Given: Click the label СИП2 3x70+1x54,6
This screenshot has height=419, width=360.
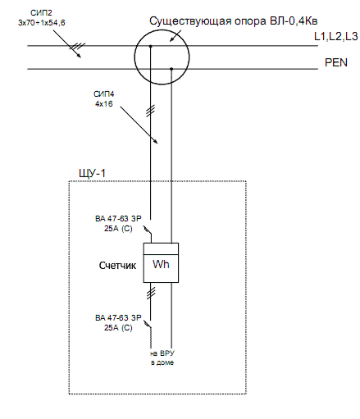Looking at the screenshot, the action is click(x=42, y=18).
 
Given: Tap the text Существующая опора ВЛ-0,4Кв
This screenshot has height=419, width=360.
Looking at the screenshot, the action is click(x=234, y=21).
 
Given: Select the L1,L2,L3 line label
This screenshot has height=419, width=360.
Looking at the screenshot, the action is click(x=336, y=37).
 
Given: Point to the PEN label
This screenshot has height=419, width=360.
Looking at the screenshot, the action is click(x=336, y=62).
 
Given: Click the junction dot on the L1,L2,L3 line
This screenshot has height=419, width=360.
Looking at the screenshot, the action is click(x=150, y=47).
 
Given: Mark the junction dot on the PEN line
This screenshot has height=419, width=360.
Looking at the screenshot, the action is click(x=171, y=69).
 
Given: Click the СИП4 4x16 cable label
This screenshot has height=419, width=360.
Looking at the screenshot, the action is click(x=104, y=99).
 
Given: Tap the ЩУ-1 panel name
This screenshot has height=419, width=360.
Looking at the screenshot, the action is click(x=92, y=174).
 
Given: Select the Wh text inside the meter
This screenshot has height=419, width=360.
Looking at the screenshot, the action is click(x=161, y=264).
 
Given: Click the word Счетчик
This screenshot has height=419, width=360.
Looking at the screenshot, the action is click(x=117, y=266).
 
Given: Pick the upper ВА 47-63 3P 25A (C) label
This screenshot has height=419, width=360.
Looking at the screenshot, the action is click(x=118, y=224).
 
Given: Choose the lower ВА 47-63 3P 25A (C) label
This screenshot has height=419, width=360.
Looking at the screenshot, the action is click(x=118, y=323).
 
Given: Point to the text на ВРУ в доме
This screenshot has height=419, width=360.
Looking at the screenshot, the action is click(x=162, y=358).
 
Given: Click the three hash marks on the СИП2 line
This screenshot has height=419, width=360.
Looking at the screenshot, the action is click(x=77, y=46).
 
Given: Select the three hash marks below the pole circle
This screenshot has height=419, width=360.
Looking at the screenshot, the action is click(x=151, y=111).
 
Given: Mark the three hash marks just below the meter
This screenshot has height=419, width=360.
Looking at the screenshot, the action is click(x=151, y=293).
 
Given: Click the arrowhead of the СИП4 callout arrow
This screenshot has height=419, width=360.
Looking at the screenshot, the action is click(x=155, y=141).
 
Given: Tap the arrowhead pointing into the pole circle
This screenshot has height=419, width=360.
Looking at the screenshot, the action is click(x=172, y=39).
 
